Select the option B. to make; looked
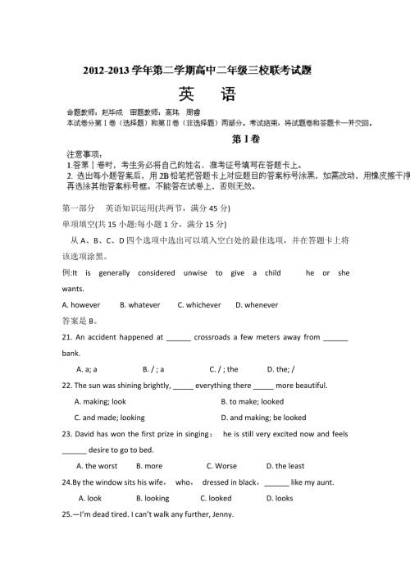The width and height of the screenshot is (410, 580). pyautogui.click(x=252, y=402)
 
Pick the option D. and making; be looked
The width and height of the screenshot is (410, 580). pyautogui.click(x=262, y=418)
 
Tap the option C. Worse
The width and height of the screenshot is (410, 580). pyautogui.click(x=221, y=466)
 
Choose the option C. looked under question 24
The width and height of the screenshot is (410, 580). pyautogui.click(x=216, y=498)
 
